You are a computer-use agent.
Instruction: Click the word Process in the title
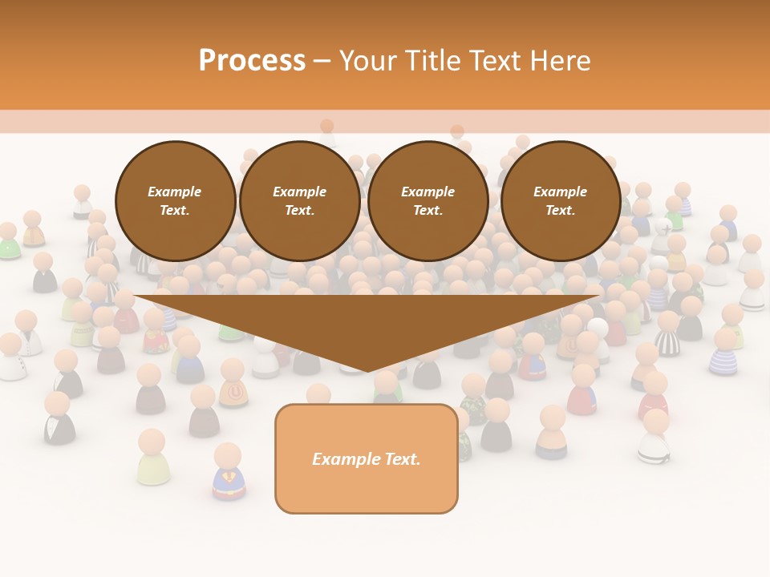(252, 61)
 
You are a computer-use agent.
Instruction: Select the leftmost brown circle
(176, 201)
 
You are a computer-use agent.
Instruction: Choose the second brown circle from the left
(300, 201)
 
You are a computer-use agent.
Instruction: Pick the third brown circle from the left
(428, 201)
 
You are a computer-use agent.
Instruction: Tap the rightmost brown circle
(561, 201)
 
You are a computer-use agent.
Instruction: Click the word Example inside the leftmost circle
(175, 192)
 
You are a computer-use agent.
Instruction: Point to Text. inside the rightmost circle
(561, 211)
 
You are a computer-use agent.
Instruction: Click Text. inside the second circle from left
(300, 211)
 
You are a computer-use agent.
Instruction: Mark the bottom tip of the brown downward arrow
(368, 370)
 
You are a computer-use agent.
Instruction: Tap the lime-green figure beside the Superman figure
(152, 458)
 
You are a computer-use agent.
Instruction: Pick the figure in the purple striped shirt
(724, 353)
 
